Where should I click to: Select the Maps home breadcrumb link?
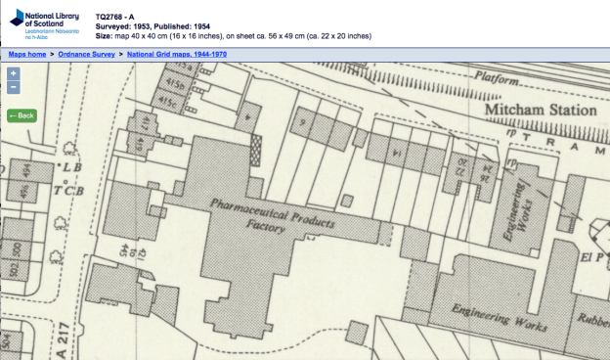[x=27, y=55]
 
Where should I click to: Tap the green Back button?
[x=22, y=115]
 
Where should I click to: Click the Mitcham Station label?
[x=541, y=111]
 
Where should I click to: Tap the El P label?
[x=591, y=260]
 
